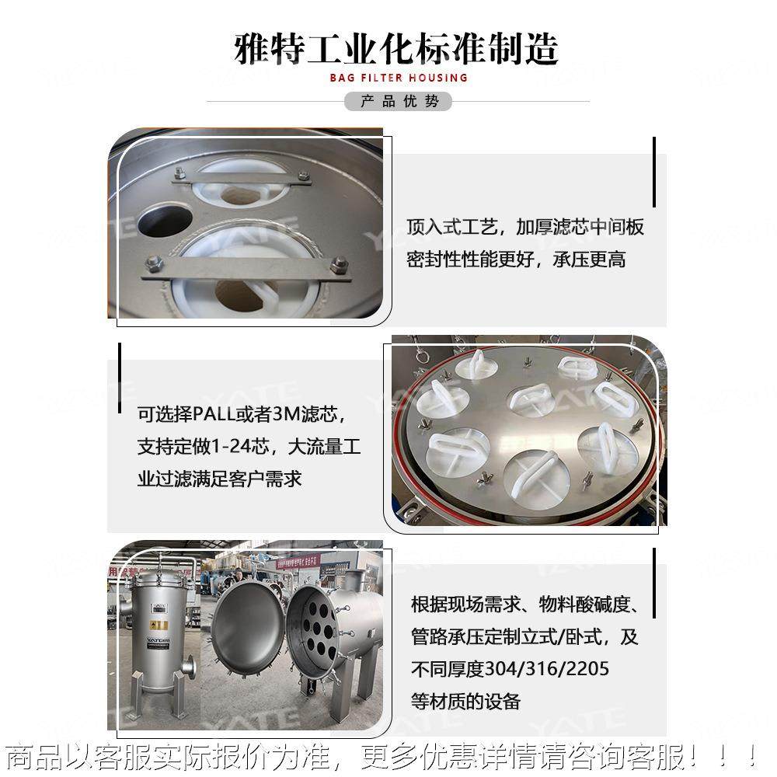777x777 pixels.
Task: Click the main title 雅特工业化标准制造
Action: tap(396, 48)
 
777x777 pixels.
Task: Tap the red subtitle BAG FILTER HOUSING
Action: tap(398, 78)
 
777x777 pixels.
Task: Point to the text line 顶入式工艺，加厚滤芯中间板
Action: tap(525, 227)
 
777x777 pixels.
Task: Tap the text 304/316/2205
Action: tap(547, 668)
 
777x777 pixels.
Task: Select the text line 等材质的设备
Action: tap(465, 701)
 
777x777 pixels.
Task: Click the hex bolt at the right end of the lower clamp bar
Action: tap(339, 266)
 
